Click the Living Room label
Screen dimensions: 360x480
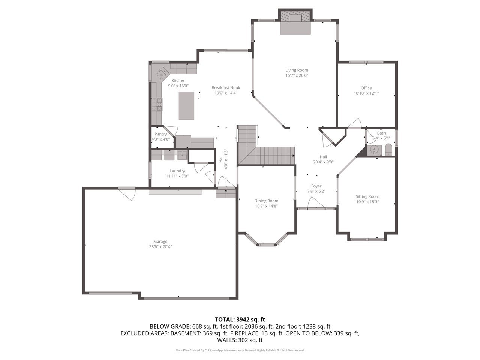click(x=297, y=70)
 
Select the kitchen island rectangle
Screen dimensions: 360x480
click(x=186, y=105)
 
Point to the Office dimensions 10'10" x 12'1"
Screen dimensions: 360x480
click(x=366, y=93)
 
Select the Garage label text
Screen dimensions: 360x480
click(x=160, y=241)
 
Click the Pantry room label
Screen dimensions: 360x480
click(x=160, y=134)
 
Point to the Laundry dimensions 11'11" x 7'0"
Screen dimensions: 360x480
click(x=177, y=176)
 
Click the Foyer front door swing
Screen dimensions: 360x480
click(x=315, y=203)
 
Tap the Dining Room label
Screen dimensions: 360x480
click(x=266, y=201)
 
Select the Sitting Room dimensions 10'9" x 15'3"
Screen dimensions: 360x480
click(x=367, y=202)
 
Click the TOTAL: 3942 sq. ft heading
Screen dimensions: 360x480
click(x=240, y=319)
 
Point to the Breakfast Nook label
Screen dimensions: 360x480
click(x=226, y=88)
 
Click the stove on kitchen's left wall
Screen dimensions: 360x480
click(x=157, y=105)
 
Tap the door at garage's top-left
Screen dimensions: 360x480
click(x=127, y=194)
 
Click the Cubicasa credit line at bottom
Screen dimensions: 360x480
click(x=240, y=350)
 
